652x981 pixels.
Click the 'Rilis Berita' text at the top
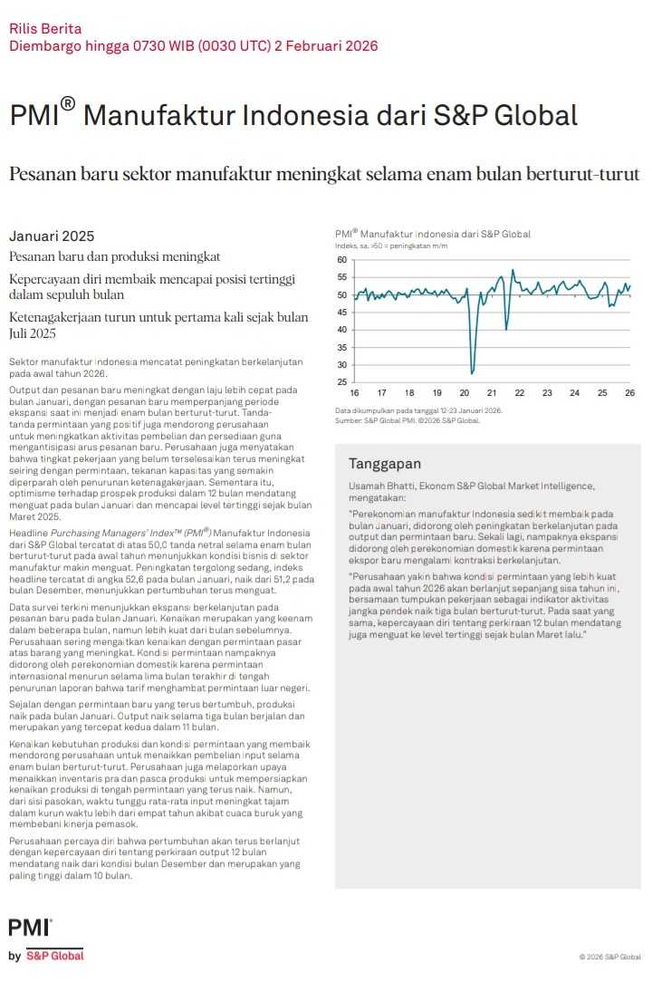click(x=45, y=29)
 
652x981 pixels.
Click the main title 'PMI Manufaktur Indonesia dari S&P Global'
click(x=293, y=117)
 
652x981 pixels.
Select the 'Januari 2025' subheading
click(x=52, y=236)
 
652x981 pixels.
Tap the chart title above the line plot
click(x=433, y=234)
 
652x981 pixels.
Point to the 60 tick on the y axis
click(x=341, y=260)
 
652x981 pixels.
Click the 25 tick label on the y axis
click(x=341, y=382)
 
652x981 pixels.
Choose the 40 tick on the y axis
click(x=341, y=330)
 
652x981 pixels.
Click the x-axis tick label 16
click(x=354, y=393)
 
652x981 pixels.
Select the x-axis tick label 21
click(x=492, y=393)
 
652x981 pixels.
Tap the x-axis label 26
click(x=629, y=393)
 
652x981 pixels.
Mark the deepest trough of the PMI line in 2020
click(x=472, y=372)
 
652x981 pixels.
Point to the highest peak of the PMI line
click(x=513, y=269)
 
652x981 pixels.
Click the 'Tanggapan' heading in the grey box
click(x=385, y=464)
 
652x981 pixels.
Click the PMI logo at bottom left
click(x=30, y=927)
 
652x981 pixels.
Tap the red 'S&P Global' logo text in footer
click(x=54, y=956)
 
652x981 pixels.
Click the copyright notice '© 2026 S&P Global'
click(x=610, y=957)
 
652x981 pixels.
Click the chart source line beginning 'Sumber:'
click(x=407, y=420)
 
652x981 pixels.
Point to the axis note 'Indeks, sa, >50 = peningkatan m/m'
click(x=391, y=245)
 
